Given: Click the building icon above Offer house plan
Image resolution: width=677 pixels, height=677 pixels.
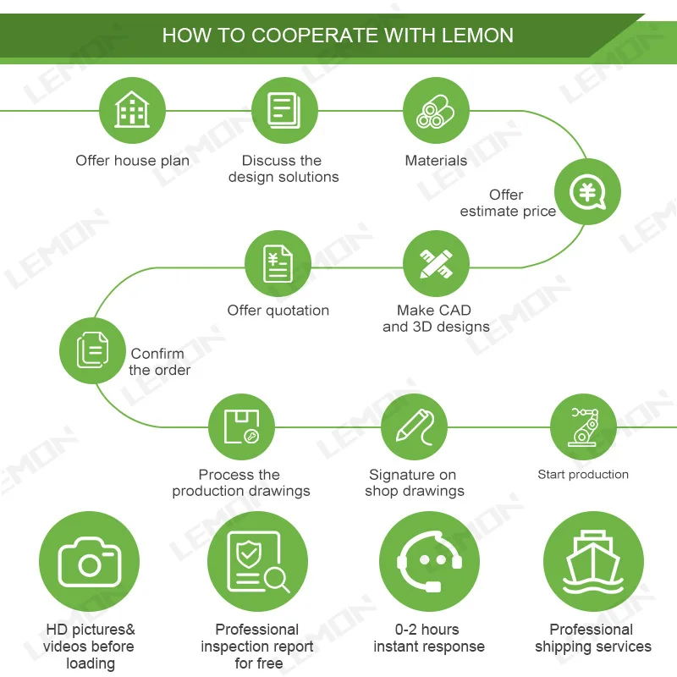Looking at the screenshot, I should (x=133, y=110).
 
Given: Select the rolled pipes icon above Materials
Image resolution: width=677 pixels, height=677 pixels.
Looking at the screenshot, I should (x=436, y=110).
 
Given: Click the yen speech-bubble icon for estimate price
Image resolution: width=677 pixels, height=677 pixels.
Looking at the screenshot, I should (x=587, y=192).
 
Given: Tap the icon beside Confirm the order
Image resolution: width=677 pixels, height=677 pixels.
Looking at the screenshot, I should (x=92, y=350).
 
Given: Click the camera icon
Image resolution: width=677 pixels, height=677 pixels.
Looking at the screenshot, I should (x=89, y=561).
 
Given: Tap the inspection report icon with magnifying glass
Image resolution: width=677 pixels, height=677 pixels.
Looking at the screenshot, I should (x=257, y=561).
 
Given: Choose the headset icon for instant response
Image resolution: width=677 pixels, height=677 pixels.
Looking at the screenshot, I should (x=429, y=561).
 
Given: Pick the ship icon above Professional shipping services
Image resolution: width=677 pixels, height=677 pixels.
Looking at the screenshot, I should (x=592, y=561).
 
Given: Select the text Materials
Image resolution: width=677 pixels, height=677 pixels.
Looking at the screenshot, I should (x=436, y=161).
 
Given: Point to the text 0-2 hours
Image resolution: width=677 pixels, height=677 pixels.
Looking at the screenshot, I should (x=427, y=630).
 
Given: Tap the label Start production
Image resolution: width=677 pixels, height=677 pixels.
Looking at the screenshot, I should (x=583, y=475).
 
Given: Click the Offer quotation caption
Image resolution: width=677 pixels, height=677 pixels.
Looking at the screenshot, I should (x=278, y=311).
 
